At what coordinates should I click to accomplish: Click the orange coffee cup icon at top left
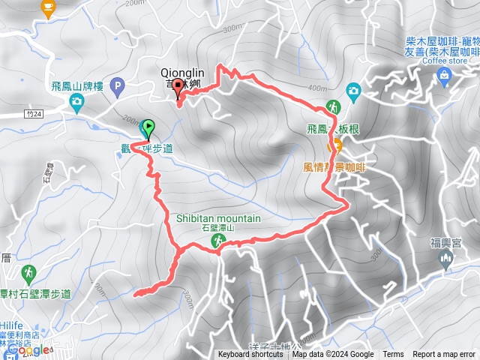[x=49, y=8]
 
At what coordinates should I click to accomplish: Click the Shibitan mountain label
[x=219, y=218]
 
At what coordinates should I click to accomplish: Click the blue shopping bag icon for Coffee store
[x=444, y=74]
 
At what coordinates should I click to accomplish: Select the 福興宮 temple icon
[x=445, y=259]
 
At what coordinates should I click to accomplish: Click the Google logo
[x=25, y=349]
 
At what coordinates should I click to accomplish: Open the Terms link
[x=393, y=355]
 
